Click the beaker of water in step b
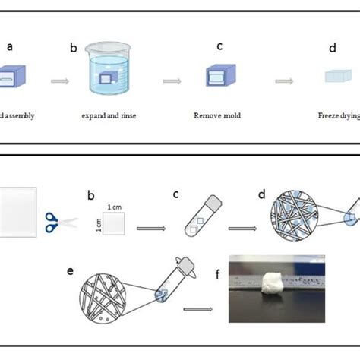pyautogui.click(x=113, y=76)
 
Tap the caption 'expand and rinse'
pyautogui.click(x=113, y=116)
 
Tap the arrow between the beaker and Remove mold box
pyautogui.click(x=172, y=80)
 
